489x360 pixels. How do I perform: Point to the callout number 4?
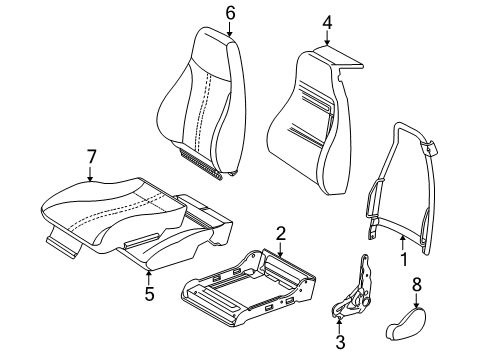[329, 21]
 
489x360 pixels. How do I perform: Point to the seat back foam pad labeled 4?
[310, 110]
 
